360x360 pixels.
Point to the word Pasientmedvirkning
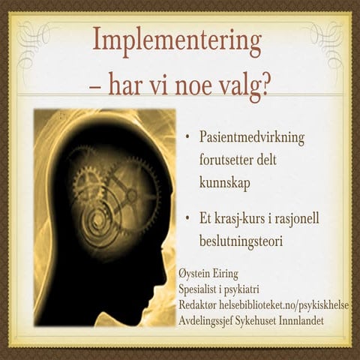tap(252, 139)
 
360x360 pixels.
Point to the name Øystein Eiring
tap(213, 274)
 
